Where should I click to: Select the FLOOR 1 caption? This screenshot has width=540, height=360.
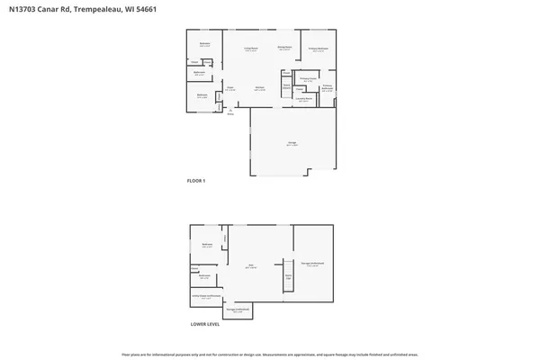pyautogui.click(x=196, y=181)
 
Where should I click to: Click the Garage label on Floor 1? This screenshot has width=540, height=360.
pyautogui.click(x=292, y=143)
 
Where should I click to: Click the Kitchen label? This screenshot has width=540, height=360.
pyautogui.click(x=258, y=88)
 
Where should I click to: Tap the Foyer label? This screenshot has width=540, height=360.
pyautogui.click(x=230, y=88)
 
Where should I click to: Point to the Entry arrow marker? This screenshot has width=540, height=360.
pyautogui.click(x=230, y=111)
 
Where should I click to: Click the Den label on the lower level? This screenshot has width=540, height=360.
pyautogui.click(x=251, y=265)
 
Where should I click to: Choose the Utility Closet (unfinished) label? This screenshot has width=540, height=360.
pyautogui.click(x=206, y=296)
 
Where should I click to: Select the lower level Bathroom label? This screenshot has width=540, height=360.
pyautogui.click(x=204, y=275)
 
